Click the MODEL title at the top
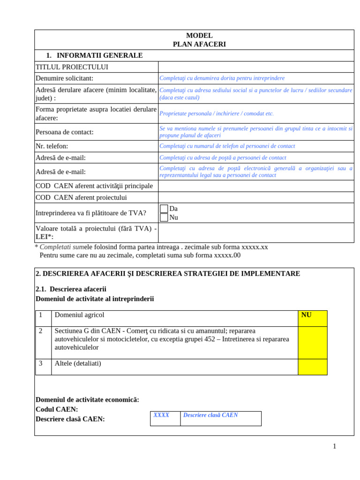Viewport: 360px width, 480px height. (x=199, y=36)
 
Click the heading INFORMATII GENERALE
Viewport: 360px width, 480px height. (x=99, y=55)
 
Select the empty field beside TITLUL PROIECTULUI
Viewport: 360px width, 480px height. (x=256, y=67)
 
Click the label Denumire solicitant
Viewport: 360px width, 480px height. (x=65, y=78)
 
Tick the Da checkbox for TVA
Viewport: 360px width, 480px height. (x=164, y=209)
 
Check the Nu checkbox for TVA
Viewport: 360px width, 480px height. (x=164, y=217)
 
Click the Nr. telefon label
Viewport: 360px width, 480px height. (x=52, y=146)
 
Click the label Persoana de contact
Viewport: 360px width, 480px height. (x=65, y=132)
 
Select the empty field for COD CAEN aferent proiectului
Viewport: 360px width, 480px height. (x=256, y=197)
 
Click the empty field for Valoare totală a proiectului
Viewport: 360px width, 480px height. (x=256, y=232)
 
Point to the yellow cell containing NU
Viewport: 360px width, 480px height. (x=313, y=318)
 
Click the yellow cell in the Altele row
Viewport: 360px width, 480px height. (x=313, y=367)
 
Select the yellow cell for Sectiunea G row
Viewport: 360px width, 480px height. (x=313, y=343)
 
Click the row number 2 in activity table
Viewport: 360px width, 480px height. (x=41, y=331)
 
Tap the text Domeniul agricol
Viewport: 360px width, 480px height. (x=79, y=315)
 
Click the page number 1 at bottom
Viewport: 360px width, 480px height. (x=334, y=446)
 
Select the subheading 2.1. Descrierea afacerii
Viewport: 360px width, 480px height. (x=71, y=289)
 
